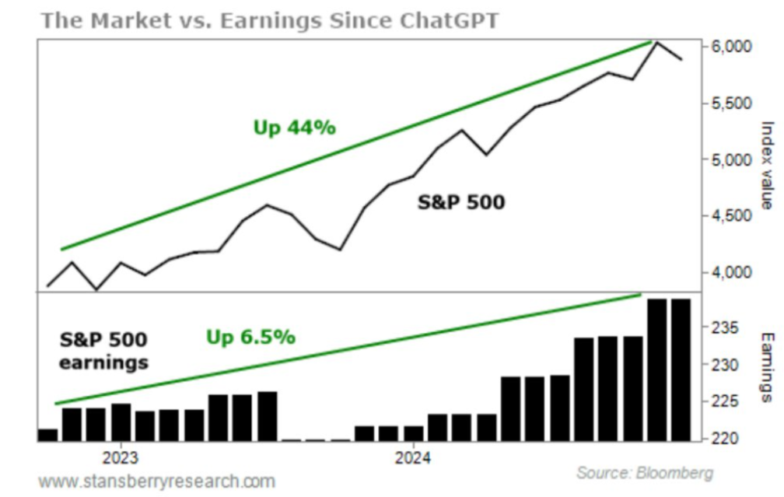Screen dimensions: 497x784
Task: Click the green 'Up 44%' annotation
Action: coord(294,128)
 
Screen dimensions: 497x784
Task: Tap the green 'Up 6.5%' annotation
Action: coord(250,337)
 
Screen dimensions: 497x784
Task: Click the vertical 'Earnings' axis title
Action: coord(767,368)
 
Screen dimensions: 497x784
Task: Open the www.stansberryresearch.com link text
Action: coord(156,481)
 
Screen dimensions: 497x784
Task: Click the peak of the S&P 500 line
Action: coord(656,42)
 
